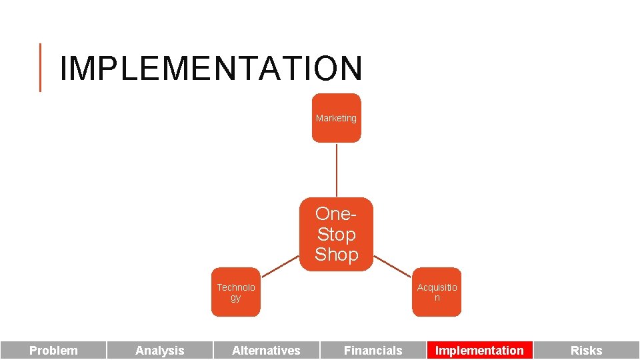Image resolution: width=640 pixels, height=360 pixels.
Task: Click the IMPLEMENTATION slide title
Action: [x=211, y=68]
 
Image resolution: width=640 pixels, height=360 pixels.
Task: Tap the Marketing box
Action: [x=336, y=118]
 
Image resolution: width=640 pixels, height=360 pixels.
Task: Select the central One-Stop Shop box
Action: [x=336, y=234]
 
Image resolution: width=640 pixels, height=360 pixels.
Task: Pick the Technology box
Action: [x=235, y=293]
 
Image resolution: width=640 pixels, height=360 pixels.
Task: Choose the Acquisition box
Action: [x=437, y=293]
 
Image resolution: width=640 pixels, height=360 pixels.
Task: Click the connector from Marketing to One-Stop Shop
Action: [x=336, y=170]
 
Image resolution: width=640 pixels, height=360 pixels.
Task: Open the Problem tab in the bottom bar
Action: [x=53, y=350]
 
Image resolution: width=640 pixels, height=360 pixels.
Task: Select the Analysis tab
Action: [x=160, y=350]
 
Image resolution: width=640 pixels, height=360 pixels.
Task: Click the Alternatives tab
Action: [x=266, y=350]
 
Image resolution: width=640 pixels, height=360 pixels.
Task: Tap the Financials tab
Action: [x=373, y=350]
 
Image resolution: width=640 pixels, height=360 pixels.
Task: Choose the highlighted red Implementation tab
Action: [x=479, y=350]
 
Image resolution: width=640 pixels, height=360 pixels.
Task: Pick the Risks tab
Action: [x=586, y=350]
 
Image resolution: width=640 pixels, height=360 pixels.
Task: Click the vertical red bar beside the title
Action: [x=41, y=67]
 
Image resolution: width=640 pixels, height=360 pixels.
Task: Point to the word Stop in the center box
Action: [x=336, y=234]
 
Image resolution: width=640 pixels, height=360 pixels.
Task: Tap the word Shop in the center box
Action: [x=336, y=255]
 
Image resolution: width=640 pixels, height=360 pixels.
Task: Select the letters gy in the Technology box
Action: [x=235, y=298]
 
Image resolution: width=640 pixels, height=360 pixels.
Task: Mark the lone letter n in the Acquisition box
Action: [x=437, y=298]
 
